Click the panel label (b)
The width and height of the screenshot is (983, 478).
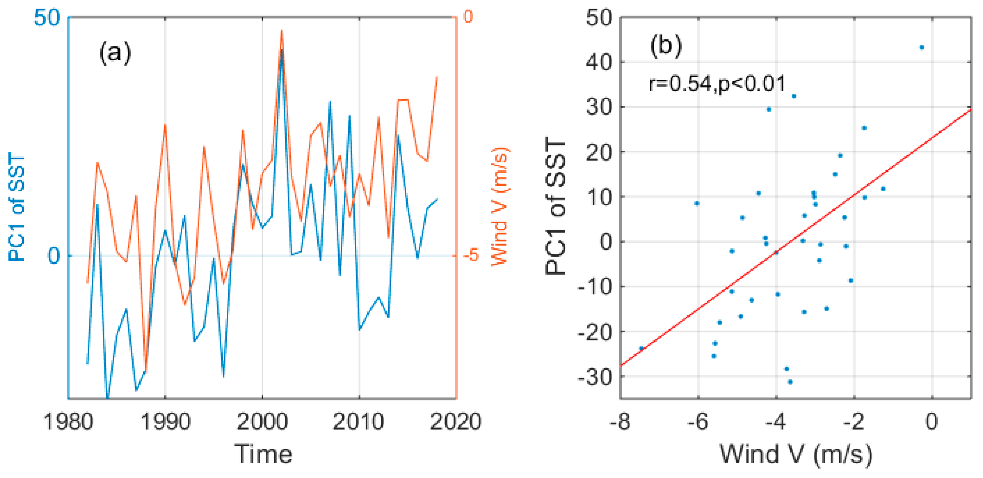[666, 46]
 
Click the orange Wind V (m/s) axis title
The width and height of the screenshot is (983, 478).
[500, 206]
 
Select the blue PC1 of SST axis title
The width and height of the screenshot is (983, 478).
[17, 206]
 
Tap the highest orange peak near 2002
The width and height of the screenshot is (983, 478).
[282, 31]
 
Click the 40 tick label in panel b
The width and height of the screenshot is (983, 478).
[599, 62]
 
